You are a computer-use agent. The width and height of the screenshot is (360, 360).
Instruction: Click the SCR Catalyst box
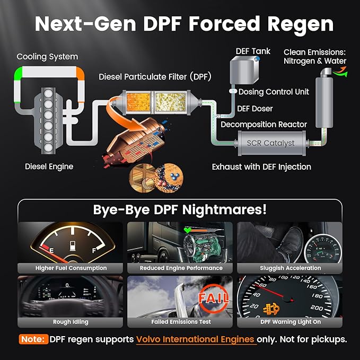tap(271, 143)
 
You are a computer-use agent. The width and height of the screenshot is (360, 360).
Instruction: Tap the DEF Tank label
tap(253, 51)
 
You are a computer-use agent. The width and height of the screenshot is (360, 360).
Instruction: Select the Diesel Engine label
tap(49, 166)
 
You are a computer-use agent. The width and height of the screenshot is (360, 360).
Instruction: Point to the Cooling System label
tap(47, 56)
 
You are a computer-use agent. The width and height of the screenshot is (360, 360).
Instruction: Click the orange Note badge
tap(33, 339)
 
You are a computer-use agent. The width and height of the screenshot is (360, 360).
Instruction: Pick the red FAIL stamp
tap(213, 297)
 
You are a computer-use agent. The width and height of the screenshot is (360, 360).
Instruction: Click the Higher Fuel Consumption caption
tap(71, 268)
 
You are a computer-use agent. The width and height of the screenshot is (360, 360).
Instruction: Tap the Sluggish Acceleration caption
tap(290, 268)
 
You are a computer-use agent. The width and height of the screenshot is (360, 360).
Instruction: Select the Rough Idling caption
tap(71, 321)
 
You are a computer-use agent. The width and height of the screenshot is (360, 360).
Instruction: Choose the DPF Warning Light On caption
tap(290, 321)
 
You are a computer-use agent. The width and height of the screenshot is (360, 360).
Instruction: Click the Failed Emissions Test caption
tap(180, 321)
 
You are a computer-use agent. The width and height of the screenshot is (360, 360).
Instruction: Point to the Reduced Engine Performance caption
tap(181, 268)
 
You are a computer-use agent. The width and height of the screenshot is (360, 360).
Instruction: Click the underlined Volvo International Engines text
tap(196, 339)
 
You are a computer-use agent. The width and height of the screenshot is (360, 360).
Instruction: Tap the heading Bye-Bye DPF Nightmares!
tap(180, 209)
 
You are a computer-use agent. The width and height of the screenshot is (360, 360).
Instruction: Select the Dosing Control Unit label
tap(274, 92)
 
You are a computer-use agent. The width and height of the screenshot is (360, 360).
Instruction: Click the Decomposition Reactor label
tap(264, 125)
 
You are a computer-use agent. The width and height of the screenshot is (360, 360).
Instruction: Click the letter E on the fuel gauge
tap(51, 247)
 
